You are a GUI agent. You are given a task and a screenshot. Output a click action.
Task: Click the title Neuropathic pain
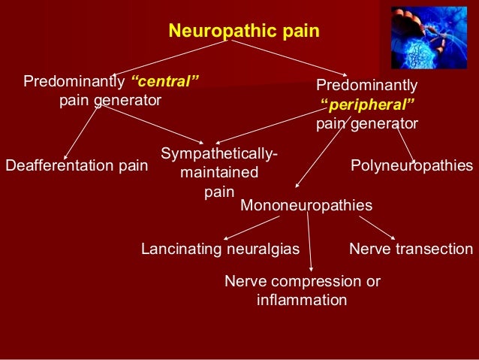(244, 31)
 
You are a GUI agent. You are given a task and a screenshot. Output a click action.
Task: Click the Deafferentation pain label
(77, 165)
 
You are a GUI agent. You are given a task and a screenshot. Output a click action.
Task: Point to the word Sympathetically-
(219, 154)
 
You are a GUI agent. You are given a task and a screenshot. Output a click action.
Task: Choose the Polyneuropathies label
(412, 165)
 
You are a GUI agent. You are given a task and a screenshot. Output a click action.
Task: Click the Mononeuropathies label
(306, 204)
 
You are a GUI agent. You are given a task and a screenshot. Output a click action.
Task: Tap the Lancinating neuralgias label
(221, 249)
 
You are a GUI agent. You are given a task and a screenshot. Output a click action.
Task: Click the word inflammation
(301, 301)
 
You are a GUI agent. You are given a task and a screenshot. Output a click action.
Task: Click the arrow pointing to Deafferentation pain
(82, 129)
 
